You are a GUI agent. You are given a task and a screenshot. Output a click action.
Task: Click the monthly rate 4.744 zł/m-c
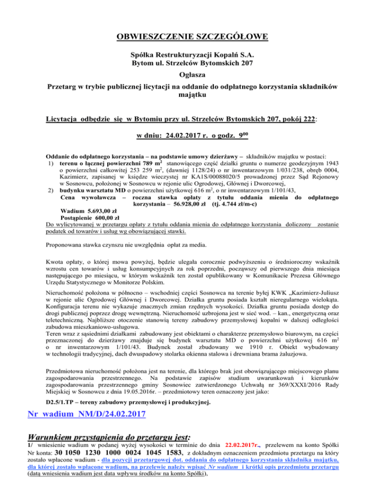[x=236, y=204]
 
